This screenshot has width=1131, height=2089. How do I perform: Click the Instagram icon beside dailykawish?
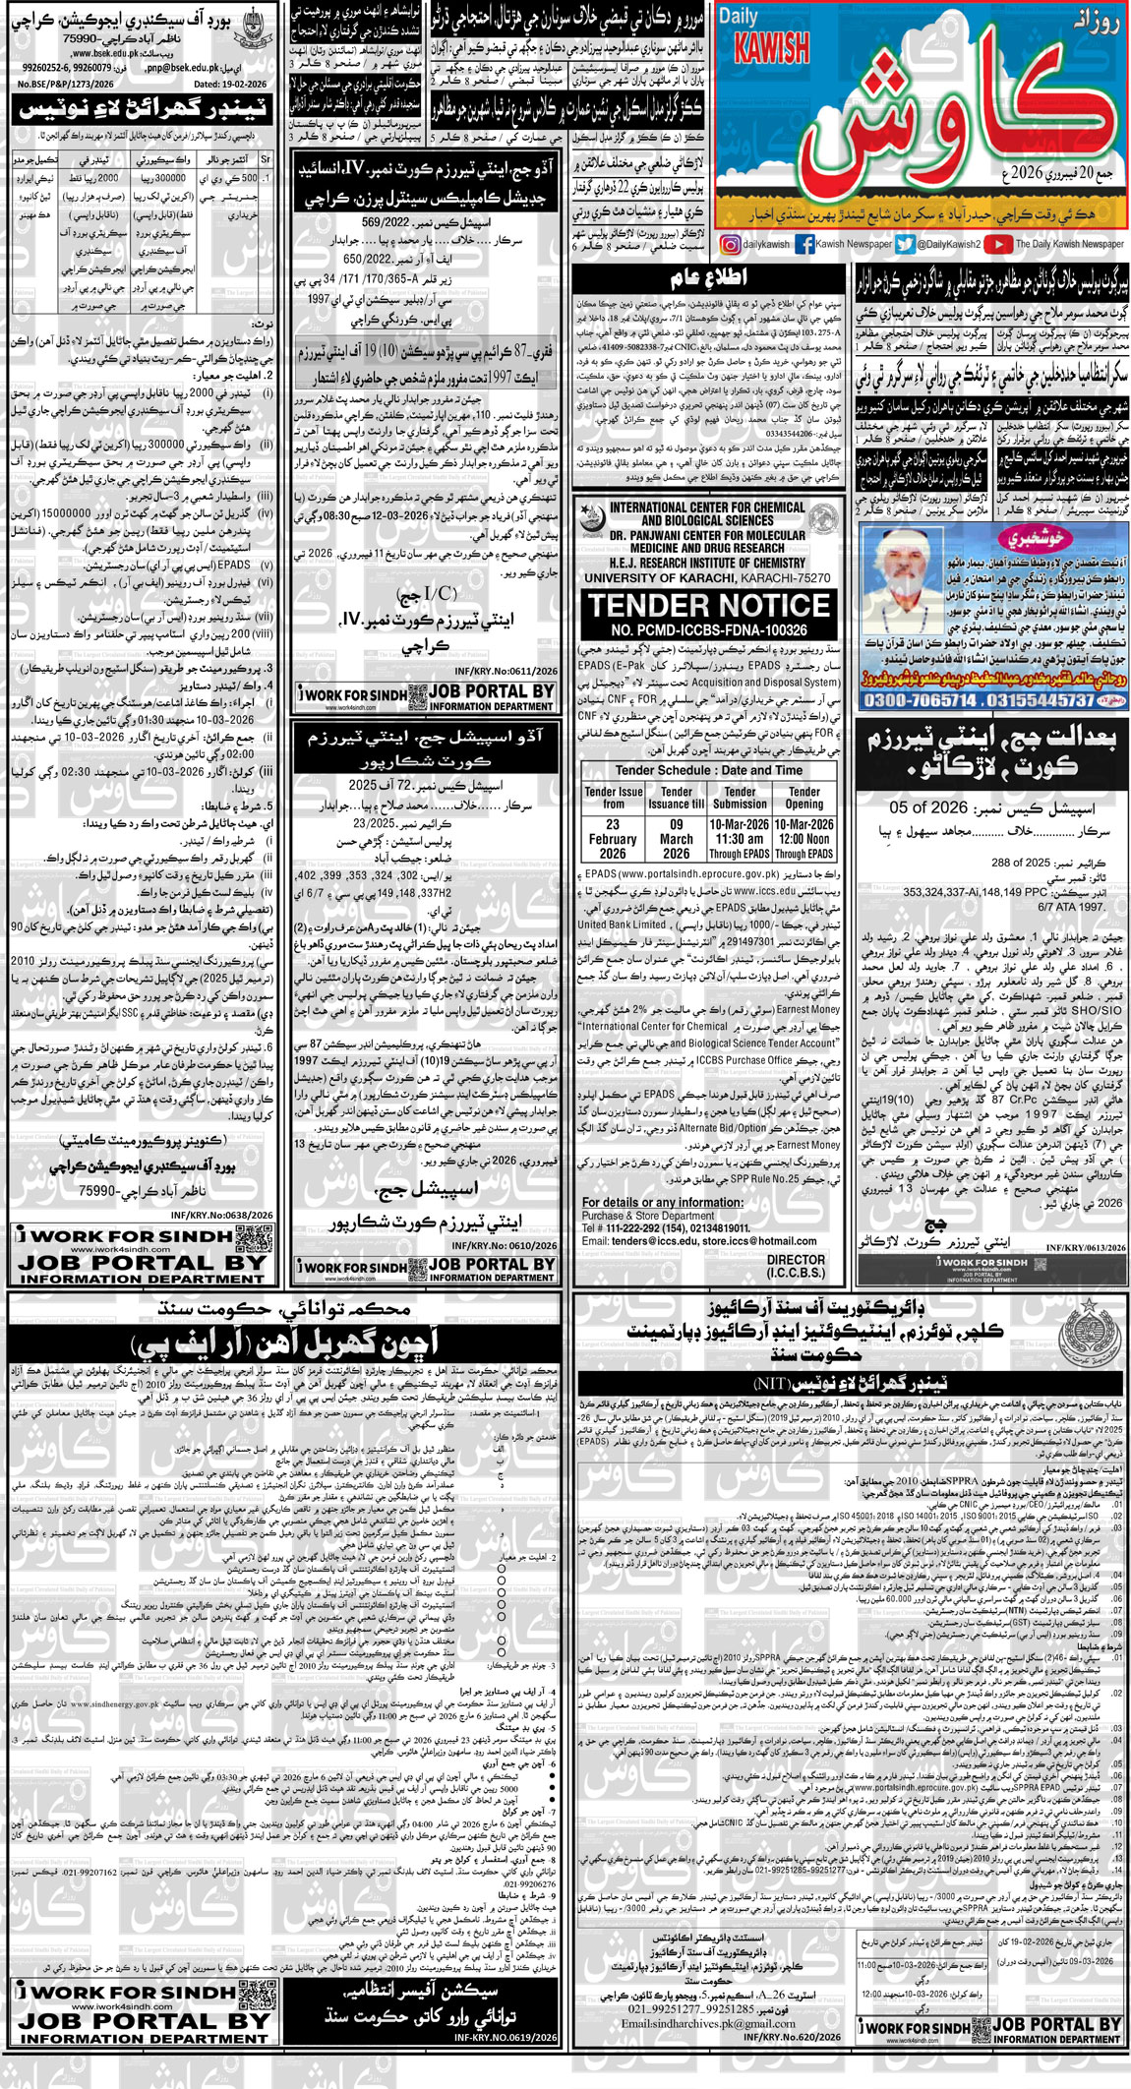click(732, 245)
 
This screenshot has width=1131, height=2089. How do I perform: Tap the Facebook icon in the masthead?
click(804, 245)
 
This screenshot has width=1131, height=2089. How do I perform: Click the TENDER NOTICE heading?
click(709, 605)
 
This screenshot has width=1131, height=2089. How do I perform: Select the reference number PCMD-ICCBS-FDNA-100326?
click(708, 629)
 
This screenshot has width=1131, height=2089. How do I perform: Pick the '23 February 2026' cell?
click(613, 839)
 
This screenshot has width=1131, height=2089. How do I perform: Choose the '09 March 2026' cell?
click(676, 839)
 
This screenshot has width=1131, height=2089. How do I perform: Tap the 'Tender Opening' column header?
click(804, 798)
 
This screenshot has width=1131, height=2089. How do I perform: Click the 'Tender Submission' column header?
click(740, 798)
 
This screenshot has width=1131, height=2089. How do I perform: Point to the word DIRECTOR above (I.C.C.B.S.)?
click(796, 1259)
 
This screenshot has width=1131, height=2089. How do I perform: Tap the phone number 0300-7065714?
click(921, 700)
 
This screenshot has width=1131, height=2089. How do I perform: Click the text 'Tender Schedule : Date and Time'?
click(708, 770)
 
